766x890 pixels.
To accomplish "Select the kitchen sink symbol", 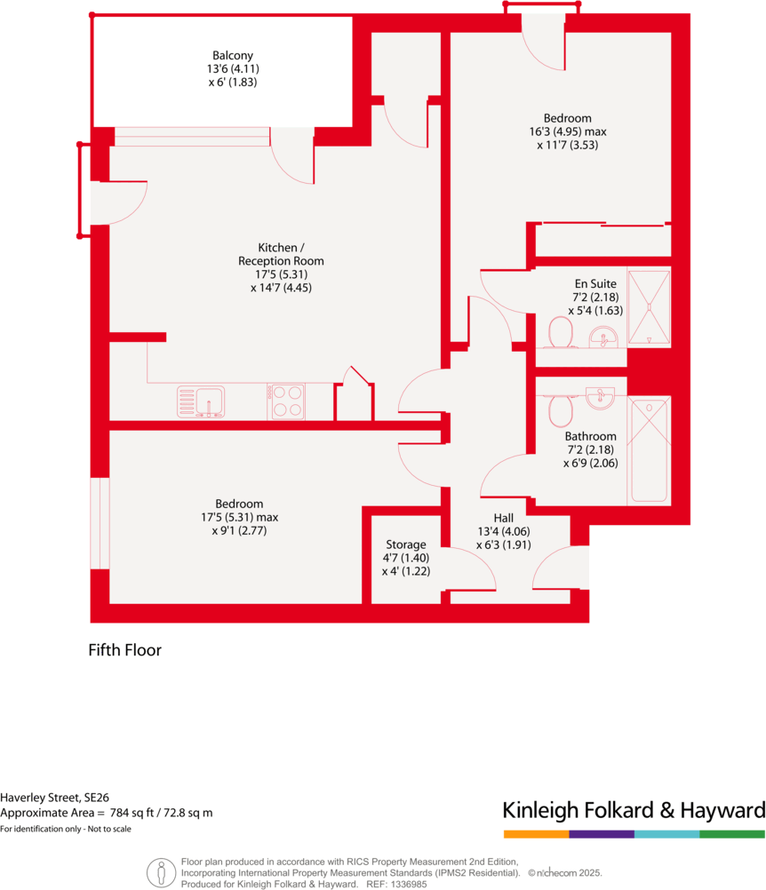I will [200, 401].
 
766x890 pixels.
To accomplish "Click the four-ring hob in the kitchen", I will [286, 401].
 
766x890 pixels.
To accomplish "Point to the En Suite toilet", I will [559, 334].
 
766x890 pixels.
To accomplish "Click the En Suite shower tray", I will [649, 306].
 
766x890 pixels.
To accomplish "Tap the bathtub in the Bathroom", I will [648, 451].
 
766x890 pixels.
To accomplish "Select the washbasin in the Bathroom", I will [601, 394].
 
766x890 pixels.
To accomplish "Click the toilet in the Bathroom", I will [561, 410].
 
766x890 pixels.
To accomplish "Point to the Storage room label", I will [406, 544].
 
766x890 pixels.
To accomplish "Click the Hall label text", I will [504, 518].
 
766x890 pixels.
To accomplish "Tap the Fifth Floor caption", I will [124, 650].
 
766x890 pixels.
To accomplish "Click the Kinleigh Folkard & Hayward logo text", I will [634, 810].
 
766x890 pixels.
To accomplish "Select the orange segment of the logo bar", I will [536, 835].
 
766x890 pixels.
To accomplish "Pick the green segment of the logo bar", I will [732, 835].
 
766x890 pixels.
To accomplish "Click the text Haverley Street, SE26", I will [55, 798].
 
